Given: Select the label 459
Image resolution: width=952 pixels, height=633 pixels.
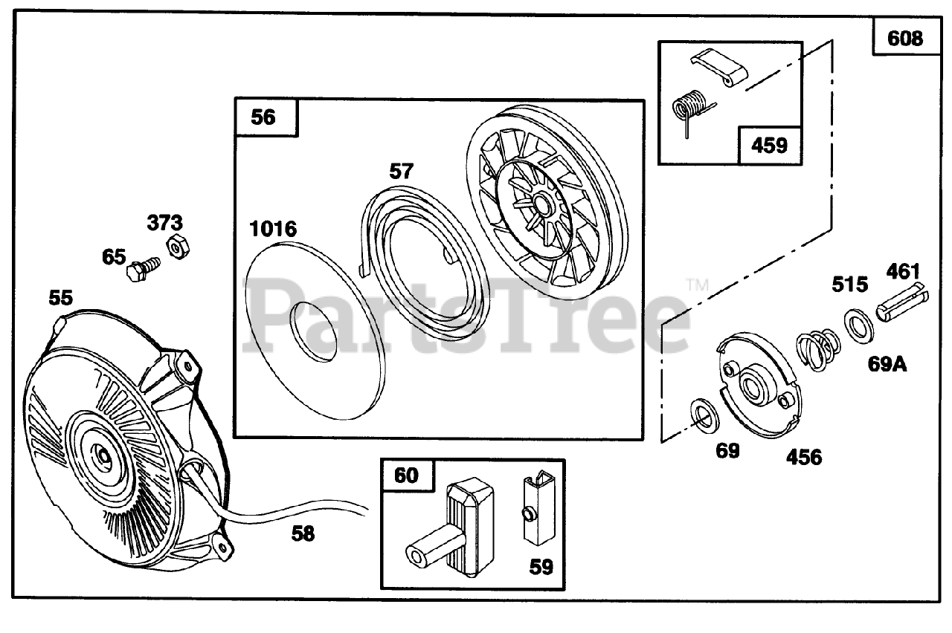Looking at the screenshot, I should (x=769, y=144).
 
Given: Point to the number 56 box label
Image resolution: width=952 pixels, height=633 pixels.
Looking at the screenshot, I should (x=263, y=117).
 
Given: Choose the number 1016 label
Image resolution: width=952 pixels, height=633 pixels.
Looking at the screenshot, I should (x=273, y=229).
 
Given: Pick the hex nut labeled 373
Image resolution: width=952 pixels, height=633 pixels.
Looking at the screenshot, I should (x=177, y=246).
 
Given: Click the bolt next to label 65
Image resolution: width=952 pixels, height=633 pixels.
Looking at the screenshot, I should (x=143, y=267).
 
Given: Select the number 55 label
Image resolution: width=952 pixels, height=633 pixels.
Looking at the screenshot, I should (x=61, y=298).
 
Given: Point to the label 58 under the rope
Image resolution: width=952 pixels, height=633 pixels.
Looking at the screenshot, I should (x=303, y=533).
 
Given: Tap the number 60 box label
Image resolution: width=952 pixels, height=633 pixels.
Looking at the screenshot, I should (x=406, y=475).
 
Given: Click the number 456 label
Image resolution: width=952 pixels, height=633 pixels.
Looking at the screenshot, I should (x=804, y=457).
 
